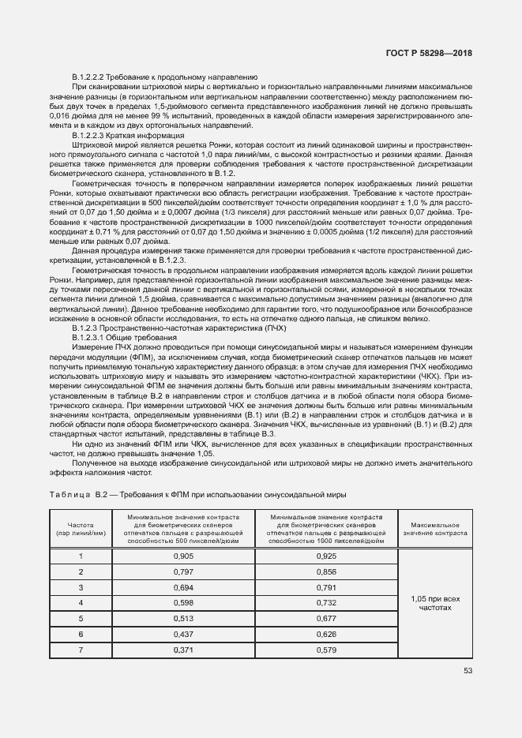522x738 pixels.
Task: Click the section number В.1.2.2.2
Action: [x=96, y=77]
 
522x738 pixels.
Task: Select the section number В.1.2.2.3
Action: [x=96, y=135]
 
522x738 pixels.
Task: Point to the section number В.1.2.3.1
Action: [x=96, y=337]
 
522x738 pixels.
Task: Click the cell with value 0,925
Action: [x=326, y=556]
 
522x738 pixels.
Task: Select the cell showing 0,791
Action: [x=326, y=587]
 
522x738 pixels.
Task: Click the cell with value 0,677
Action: [x=326, y=619]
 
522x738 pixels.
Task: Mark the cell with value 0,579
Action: [x=326, y=650]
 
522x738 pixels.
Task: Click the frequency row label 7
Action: [x=81, y=650]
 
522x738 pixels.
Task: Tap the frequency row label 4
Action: [x=81, y=603]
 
